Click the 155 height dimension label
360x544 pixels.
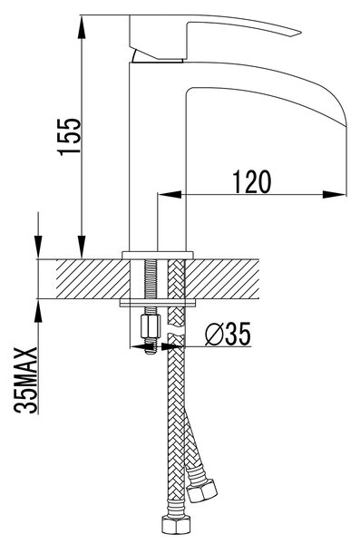pyautogui.click(x=70, y=137)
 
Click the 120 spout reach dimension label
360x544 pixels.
pyautogui.click(x=252, y=181)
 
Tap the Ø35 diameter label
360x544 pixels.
pyautogui.click(x=228, y=335)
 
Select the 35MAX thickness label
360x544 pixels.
pyautogui.click(x=25, y=380)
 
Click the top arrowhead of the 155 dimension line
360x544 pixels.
pyautogui.click(x=82, y=27)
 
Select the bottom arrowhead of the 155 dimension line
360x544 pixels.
pyautogui.click(x=82, y=247)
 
